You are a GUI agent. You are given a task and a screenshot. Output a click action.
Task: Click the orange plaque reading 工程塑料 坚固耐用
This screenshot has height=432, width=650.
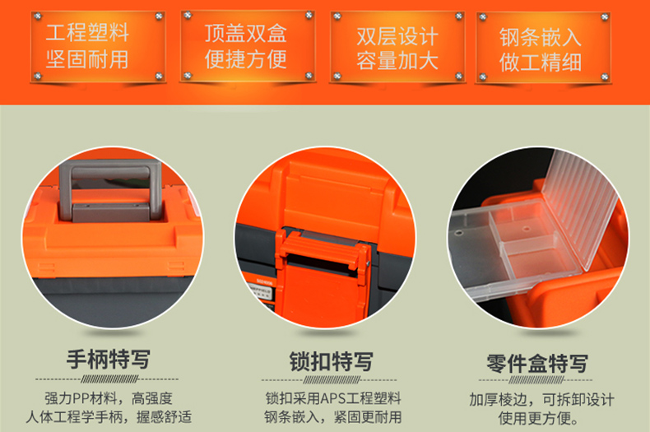[98, 46]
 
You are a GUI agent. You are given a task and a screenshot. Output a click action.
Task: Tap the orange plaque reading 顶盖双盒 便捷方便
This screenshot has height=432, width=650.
[248, 46]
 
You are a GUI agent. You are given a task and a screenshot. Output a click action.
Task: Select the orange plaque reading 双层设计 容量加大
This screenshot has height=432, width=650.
[397, 47]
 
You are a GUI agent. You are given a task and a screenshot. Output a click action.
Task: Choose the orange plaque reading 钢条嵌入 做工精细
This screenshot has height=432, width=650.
[543, 48]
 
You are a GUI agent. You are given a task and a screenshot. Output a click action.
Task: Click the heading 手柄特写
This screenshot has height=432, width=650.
[108, 359]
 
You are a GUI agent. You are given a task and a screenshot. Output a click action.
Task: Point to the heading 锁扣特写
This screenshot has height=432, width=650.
[331, 361]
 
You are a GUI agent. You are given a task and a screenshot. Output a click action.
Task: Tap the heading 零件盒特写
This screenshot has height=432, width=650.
[537, 364]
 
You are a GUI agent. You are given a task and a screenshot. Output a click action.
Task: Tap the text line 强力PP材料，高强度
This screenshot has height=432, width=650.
[109, 398]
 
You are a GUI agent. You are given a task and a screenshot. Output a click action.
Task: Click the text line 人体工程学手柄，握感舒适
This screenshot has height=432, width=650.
[109, 416]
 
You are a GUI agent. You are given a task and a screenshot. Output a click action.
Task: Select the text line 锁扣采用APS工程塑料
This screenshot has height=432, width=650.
[333, 398]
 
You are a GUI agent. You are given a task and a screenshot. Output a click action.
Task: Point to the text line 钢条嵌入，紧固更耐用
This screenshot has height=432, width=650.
[333, 416]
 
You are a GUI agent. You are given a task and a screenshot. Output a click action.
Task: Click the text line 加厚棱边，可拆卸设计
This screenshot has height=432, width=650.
[541, 400]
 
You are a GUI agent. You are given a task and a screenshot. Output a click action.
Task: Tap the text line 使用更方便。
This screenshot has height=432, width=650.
[538, 418]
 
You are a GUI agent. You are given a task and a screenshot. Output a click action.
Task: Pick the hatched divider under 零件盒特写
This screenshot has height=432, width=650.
[536, 380]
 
